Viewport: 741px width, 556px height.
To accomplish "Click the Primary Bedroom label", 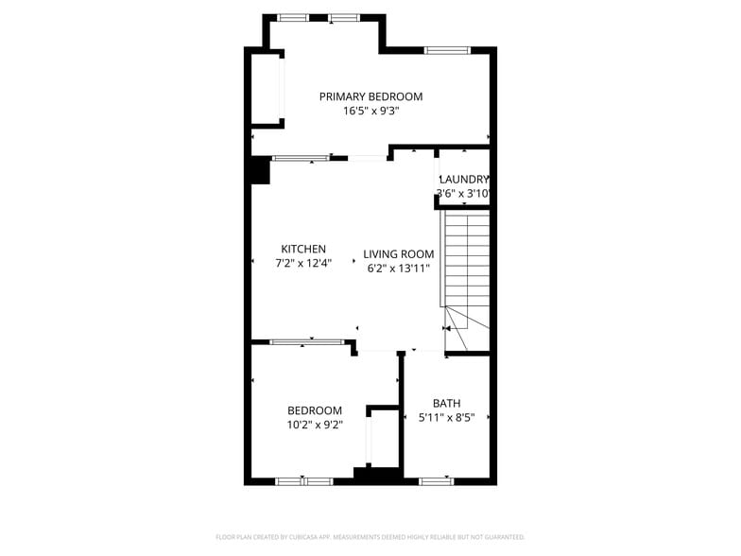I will click(370, 96).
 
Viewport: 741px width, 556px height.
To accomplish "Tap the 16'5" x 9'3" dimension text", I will click(370, 111).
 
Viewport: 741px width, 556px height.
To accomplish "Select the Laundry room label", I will click(463, 180).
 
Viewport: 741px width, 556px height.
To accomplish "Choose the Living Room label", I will click(399, 254).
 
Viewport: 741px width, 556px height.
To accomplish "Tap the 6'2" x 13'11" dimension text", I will click(399, 269).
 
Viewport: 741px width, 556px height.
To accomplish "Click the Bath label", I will click(447, 403).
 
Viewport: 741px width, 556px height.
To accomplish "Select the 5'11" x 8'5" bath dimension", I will click(447, 417).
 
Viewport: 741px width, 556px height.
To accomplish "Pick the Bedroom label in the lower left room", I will click(315, 410).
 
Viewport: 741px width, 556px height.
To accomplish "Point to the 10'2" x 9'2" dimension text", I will click(315, 425).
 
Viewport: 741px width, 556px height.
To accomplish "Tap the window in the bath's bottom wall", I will click(436, 481).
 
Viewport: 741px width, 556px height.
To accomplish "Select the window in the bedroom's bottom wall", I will click(304, 481).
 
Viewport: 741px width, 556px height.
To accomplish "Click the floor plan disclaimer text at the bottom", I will click(370, 537).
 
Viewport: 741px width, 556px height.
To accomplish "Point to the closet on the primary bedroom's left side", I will click(266, 89).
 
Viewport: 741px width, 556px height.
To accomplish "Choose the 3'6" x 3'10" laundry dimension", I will click(463, 194).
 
